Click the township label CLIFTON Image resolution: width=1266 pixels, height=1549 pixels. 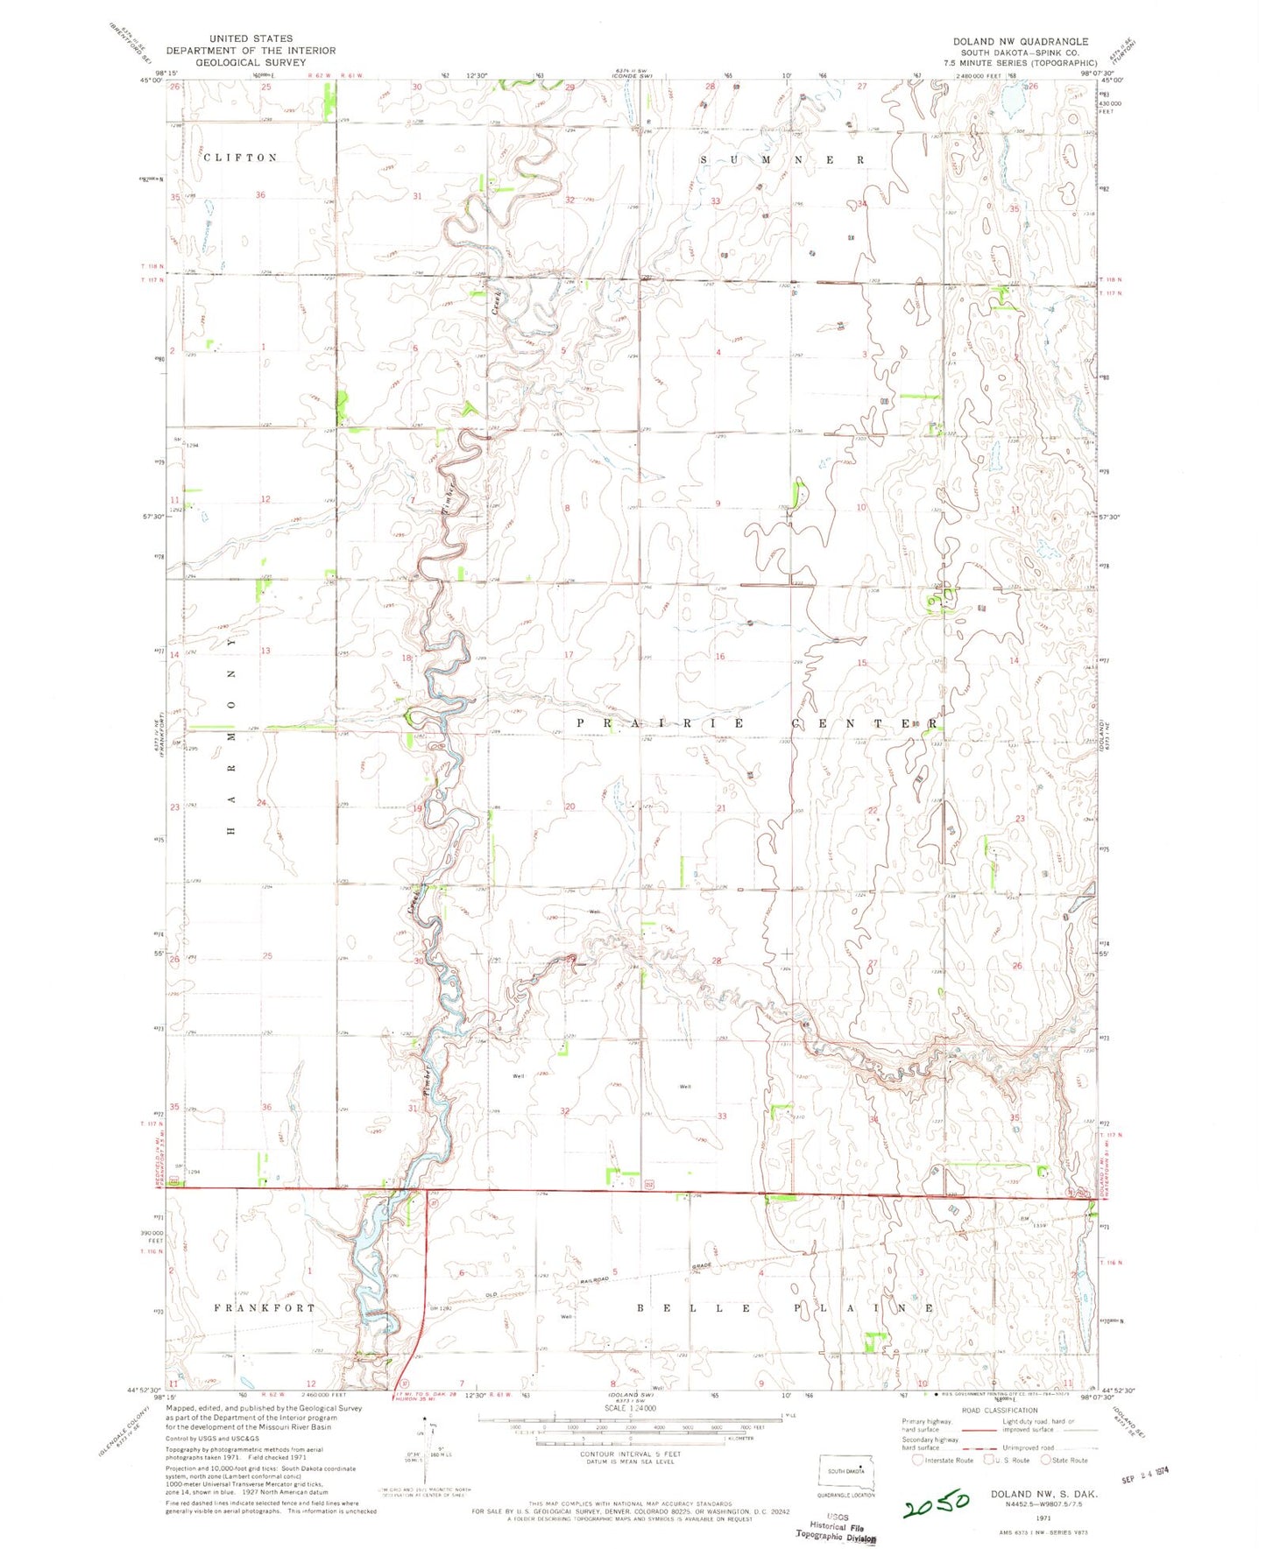[x=240, y=158]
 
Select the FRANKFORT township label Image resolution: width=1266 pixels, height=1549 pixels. [x=265, y=1307]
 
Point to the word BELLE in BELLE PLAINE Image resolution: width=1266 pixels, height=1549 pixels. [x=691, y=1308]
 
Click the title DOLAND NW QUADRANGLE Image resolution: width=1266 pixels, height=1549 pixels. [x=1021, y=41]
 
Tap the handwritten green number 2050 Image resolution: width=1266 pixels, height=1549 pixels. [x=937, y=1503]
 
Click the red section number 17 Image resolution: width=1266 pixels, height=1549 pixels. [x=568, y=655]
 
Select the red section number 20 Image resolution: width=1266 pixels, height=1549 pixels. [x=570, y=806]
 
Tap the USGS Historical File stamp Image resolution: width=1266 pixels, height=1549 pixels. [x=836, y=1528]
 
